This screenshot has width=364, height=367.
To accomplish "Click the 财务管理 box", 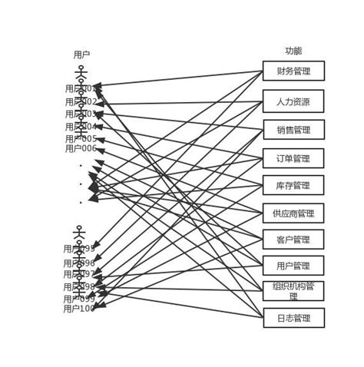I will pos(293,71).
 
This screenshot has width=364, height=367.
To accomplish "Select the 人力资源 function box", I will pos(293,101).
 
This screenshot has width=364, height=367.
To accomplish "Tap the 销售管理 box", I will pos(293,130).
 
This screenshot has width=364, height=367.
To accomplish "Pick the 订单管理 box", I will pos(293,159).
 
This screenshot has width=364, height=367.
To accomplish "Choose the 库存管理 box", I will pos(293,186).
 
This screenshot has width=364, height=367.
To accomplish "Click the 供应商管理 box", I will pos(293,213).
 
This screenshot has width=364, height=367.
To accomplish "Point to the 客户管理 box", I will pos(293,240).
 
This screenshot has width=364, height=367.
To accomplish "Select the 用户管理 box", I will pos(293,266).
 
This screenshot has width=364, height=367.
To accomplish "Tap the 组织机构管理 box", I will pos(293,291).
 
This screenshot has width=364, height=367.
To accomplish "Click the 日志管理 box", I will pos(293,318).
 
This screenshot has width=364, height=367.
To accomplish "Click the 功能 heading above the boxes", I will pos(293,51).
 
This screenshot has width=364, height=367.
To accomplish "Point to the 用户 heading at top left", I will pos(81,55).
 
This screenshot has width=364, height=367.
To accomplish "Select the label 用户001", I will pos(81,89).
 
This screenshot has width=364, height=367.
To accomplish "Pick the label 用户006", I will pos(81,149).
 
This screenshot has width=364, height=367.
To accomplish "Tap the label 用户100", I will pos(79,309).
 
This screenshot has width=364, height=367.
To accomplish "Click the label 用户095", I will pos(79,249).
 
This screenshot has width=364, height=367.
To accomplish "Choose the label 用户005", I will pos(81,139).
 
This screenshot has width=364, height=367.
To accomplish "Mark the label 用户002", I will pos(81,102).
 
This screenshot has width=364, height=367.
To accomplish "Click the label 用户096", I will pos(79,263).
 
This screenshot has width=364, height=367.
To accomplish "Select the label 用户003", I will pos(81,114).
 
